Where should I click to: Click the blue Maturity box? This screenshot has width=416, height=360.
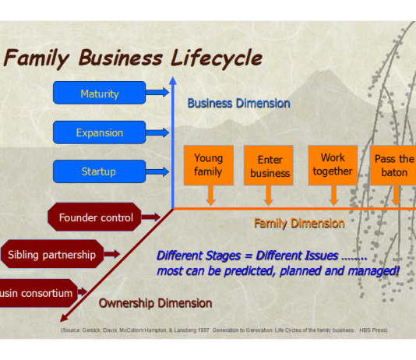(99, 94)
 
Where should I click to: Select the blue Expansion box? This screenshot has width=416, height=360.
(99, 132)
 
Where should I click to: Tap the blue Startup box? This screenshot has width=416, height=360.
(99, 171)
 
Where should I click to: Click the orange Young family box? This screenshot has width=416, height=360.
(208, 165)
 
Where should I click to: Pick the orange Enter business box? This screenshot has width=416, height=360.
(269, 166)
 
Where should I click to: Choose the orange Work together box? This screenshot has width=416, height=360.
(333, 165)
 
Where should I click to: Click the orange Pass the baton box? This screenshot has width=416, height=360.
(393, 165)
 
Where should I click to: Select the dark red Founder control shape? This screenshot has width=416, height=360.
(96, 217)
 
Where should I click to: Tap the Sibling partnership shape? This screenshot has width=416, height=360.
(52, 254)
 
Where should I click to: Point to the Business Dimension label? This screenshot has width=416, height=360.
(238, 103)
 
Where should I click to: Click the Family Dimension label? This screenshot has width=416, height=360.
(299, 224)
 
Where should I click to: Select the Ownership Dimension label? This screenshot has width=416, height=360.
(155, 302)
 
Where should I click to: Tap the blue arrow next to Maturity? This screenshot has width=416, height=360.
(157, 93)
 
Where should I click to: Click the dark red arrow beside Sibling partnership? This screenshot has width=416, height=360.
(111, 254)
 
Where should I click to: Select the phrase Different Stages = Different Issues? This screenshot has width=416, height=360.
(248, 256)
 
